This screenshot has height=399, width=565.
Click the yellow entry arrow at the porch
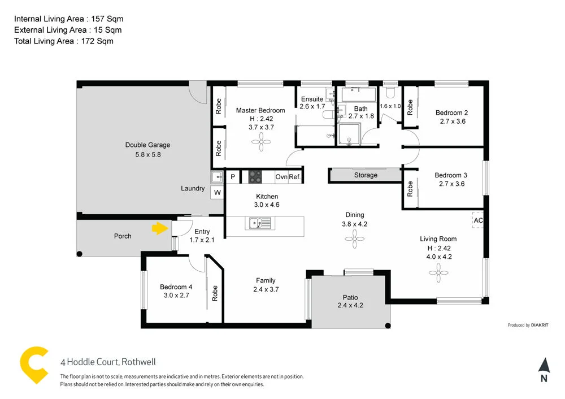click(160, 228)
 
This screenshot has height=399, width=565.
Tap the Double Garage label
click(147, 145)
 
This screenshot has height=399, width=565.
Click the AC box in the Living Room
click(478, 220)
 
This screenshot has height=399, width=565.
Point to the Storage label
click(366, 175)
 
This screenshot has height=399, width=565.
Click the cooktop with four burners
click(255, 177)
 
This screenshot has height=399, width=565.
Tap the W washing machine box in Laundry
click(217, 193)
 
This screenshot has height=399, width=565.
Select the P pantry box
click(233, 177)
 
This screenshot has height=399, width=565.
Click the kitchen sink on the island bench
click(259, 223)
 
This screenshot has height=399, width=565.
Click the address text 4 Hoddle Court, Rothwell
click(108, 362)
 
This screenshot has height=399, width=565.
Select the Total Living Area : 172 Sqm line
click(64, 41)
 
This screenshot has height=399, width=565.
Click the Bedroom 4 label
click(176, 287)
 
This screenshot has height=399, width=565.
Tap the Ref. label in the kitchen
click(295, 177)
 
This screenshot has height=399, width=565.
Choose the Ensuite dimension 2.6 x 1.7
click(312, 106)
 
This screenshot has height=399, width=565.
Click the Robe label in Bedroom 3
click(410, 188)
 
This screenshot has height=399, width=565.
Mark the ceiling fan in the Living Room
click(438, 274)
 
